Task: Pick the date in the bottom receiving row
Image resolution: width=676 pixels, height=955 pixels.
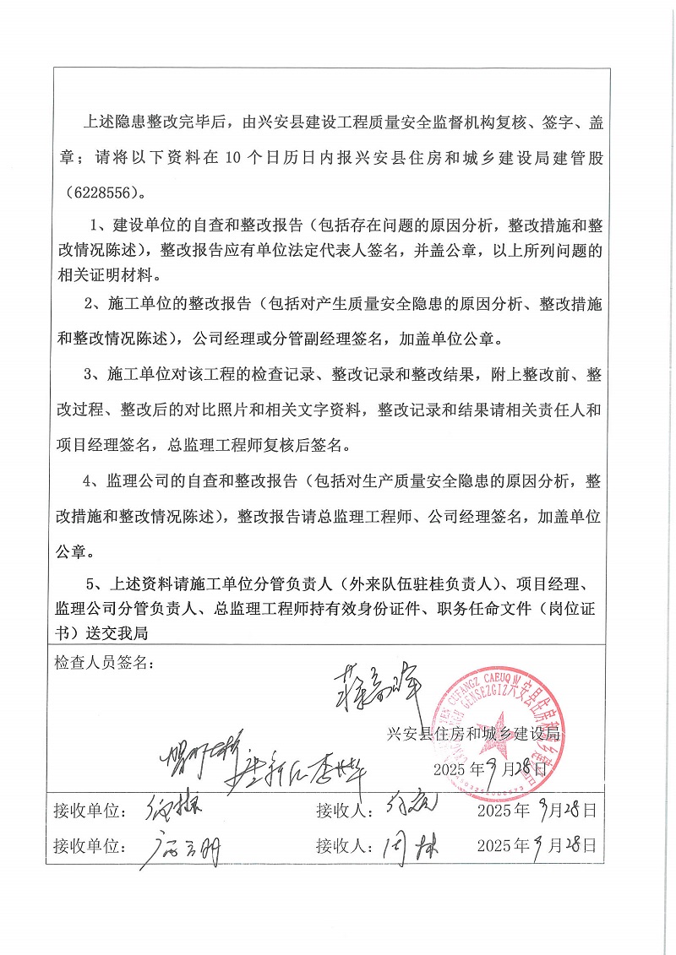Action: pos(537,845)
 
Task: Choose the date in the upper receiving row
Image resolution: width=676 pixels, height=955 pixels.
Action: pos(537,811)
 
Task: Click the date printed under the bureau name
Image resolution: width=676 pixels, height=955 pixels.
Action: pos(491,769)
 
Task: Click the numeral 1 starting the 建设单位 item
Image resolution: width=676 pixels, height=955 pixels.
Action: pos(95,225)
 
